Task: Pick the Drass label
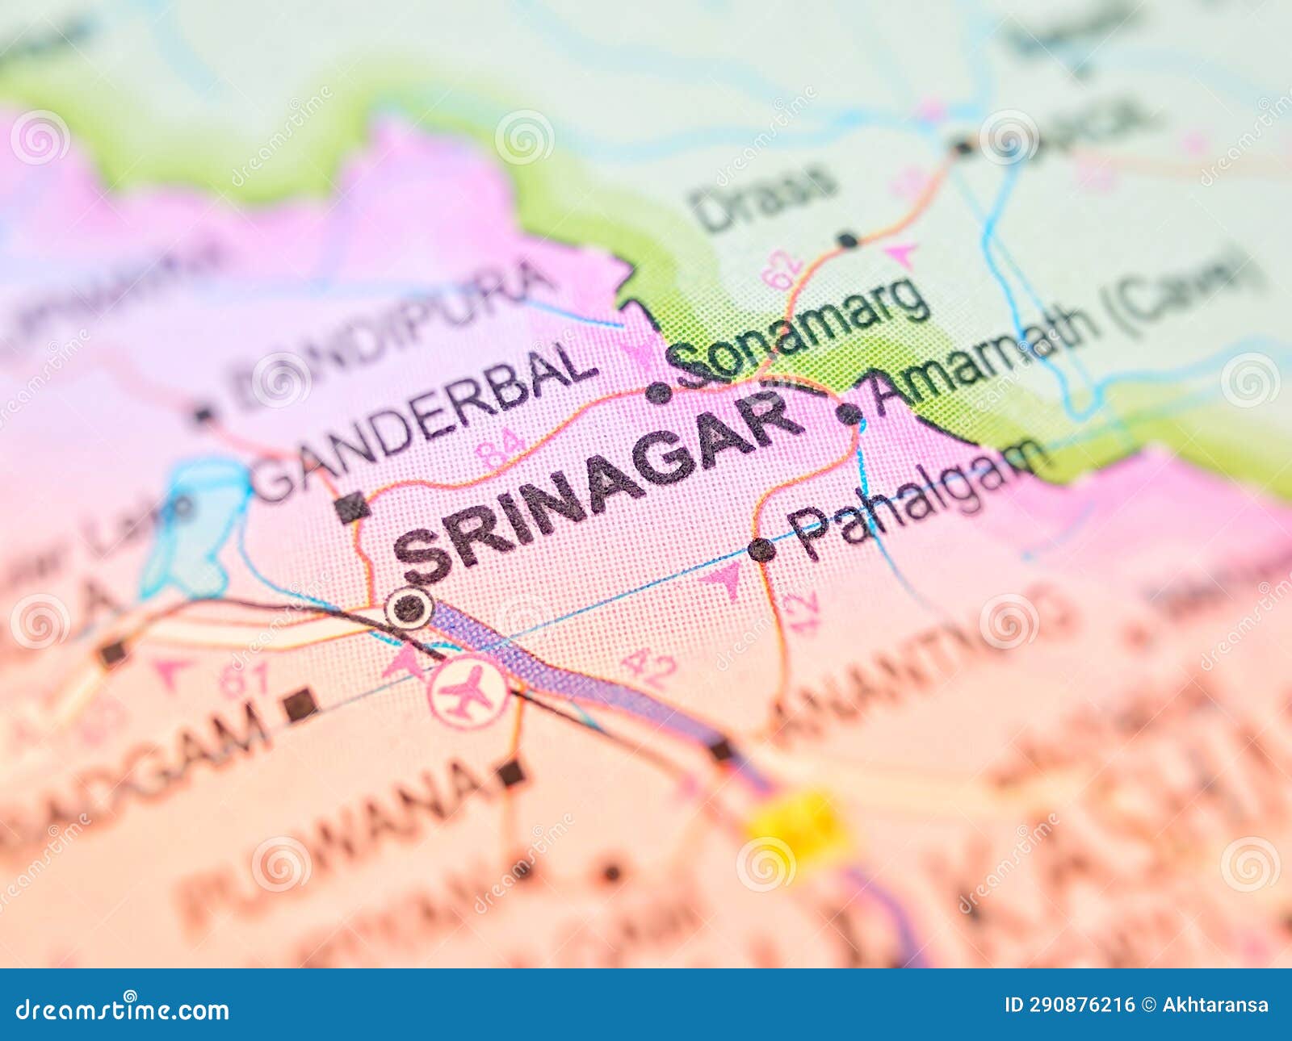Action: (x=763, y=197)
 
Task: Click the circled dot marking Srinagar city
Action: (x=409, y=608)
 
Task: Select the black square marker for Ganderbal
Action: (x=352, y=508)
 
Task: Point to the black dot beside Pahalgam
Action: (x=761, y=550)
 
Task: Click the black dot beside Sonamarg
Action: (x=659, y=393)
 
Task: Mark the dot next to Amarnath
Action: (x=849, y=414)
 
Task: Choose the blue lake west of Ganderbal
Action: (x=194, y=525)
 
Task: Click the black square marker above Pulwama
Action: (x=510, y=773)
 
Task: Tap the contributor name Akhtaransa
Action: (x=1215, y=1005)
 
